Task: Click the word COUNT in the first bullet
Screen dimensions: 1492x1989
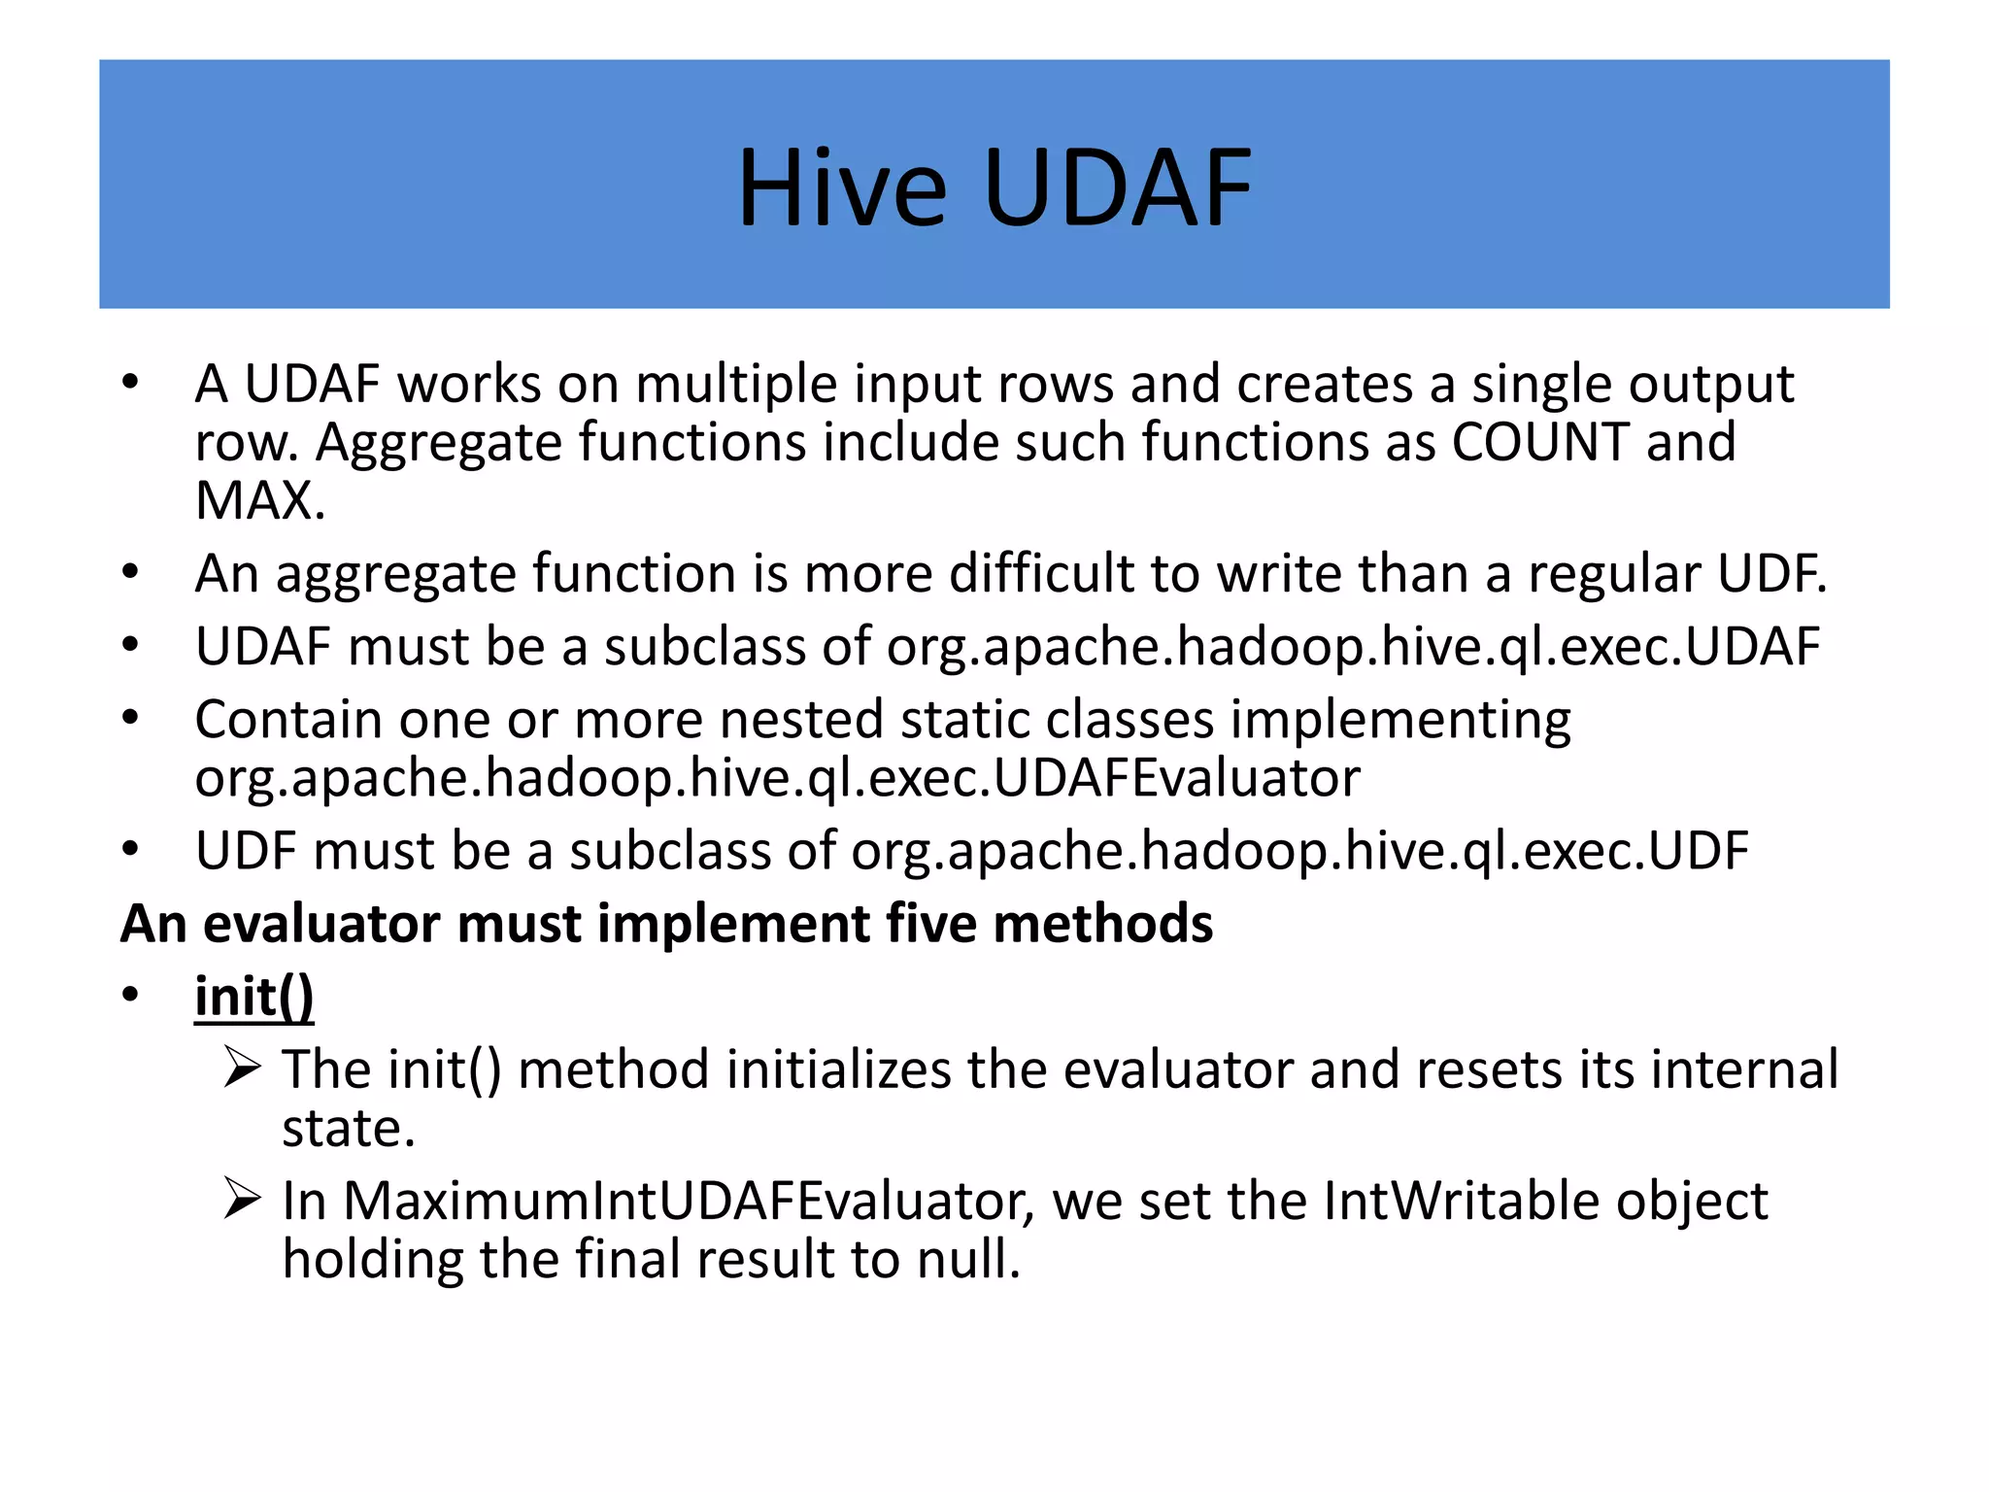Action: click(x=1539, y=443)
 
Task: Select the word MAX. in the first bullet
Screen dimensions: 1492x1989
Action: click(x=259, y=501)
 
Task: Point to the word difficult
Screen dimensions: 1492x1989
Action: click(x=1040, y=573)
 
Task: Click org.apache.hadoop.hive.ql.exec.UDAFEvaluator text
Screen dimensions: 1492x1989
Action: click(x=777, y=778)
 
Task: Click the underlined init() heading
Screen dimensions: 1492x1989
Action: click(x=254, y=997)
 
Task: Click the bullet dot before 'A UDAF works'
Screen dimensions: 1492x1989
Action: click(x=131, y=382)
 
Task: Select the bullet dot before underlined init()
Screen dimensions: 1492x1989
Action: click(x=131, y=995)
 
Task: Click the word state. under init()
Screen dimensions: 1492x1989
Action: click(x=349, y=1129)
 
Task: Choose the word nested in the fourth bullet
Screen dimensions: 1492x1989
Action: click(x=800, y=721)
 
